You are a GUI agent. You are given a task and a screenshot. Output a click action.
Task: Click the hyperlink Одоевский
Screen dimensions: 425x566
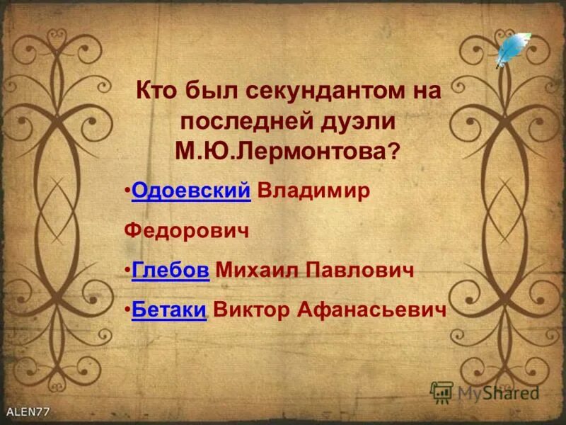191,192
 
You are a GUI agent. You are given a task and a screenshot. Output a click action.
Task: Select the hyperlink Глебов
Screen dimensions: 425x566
171,271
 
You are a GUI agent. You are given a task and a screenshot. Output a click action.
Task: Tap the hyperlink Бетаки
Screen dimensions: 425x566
169,310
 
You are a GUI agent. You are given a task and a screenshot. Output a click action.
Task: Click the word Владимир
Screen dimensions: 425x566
313,192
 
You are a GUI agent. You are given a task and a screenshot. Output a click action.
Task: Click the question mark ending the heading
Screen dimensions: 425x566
395,150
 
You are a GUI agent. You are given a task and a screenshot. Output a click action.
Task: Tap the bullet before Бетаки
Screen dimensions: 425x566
127,310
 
